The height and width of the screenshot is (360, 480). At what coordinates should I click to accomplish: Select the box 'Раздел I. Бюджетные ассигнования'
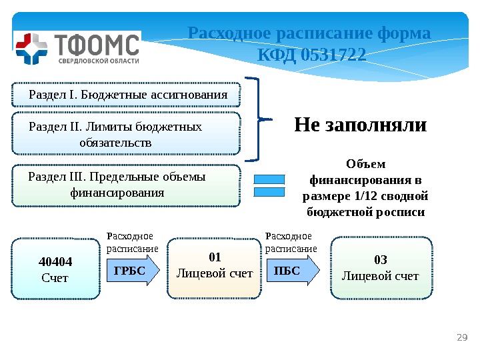(x=127, y=95)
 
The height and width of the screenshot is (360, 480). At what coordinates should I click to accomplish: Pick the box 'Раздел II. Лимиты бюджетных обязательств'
(x=127, y=135)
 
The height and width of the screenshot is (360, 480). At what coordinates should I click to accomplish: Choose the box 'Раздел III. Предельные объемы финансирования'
(x=127, y=185)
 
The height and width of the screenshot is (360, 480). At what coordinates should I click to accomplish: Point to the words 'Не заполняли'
(x=360, y=125)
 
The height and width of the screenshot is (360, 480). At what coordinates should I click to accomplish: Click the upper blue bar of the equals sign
(x=270, y=179)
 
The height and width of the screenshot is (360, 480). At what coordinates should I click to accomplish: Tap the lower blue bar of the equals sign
(x=270, y=193)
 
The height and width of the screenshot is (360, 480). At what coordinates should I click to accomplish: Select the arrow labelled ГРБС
(x=133, y=270)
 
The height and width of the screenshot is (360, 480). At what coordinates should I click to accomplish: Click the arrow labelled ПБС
(x=292, y=270)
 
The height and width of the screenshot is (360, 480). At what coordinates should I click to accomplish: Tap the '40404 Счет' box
(x=55, y=268)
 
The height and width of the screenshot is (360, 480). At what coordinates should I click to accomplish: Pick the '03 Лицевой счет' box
(x=381, y=267)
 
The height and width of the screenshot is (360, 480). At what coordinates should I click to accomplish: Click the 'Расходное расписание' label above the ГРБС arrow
(x=133, y=243)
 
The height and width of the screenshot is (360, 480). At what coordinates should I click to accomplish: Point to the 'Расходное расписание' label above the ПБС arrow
(x=291, y=243)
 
